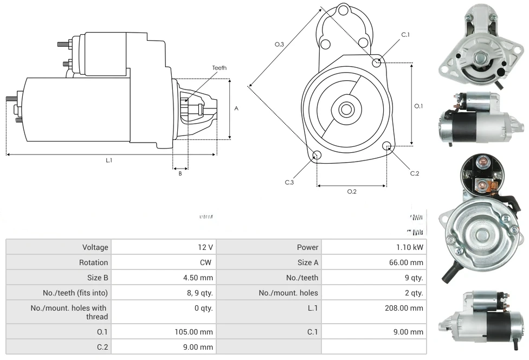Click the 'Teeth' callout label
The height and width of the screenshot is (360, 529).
[x=219, y=68]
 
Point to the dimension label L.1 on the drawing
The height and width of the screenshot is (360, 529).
[x=109, y=160]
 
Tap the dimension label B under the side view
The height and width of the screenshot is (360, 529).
[x=180, y=173]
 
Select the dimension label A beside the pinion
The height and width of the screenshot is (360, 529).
[x=236, y=108]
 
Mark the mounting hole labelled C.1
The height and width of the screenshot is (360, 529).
[x=377, y=62]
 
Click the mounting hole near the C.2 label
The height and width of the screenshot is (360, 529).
[x=387, y=146]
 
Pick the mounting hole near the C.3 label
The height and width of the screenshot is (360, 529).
[x=317, y=156]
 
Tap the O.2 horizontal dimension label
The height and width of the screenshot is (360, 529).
[x=351, y=191]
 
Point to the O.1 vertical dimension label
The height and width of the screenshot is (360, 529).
[x=418, y=106]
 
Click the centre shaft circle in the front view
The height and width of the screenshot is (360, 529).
[x=345, y=109]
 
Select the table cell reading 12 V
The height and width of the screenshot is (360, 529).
[x=205, y=247]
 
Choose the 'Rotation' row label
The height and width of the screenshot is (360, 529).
[x=93, y=262]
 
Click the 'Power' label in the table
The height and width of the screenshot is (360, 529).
[x=307, y=247]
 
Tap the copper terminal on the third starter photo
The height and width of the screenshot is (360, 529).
[x=492, y=188]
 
